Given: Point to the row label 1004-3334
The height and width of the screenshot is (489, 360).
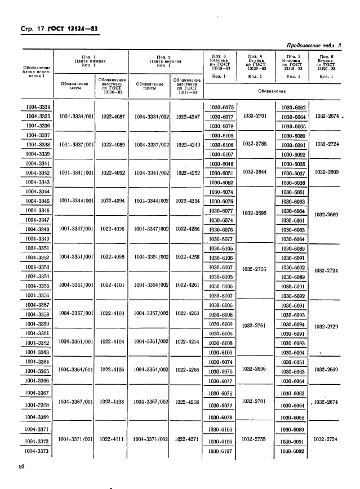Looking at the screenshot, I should click(38, 107).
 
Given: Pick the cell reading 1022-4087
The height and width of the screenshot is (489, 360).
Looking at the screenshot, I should click(113, 117).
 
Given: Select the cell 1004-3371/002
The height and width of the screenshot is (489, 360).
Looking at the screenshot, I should click(152, 439).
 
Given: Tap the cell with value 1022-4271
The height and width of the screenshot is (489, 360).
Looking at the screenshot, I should click(188, 439).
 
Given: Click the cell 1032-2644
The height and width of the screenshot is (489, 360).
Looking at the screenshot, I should click(254, 172).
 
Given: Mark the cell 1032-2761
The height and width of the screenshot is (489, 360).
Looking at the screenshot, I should click(254, 325).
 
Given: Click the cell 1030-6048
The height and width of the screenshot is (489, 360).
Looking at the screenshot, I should click(221, 163).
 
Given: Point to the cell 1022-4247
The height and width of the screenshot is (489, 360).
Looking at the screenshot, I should click(188, 117).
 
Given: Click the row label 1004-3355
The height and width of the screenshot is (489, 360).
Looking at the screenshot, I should click(38, 286).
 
